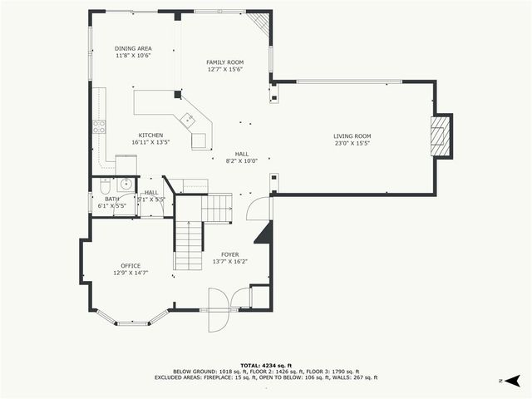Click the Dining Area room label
pyautogui.click(x=133, y=49)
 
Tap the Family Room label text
pyautogui.click(x=224, y=62)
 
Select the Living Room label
pyautogui.click(x=352, y=136)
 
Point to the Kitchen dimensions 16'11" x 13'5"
pyautogui.click(x=150, y=142)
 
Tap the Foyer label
pyautogui.click(x=230, y=254)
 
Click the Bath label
pyautogui.click(x=111, y=199)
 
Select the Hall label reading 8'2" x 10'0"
pyautogui.click(x=241, y=160)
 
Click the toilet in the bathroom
pyautogui.click(x=103, y=186)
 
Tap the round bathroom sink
pyautogui.click(x=125, y=185)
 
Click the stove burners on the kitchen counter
pyautogui.click(x=99, y=127)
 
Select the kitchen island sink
pyautogui.click(x=190, y=119)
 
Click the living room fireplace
pyautogui.click(x=441, y=135)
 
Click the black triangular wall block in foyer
pyautogui.click(x=264, y=233)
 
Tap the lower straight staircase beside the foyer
pyautogui.click(x=189, y=246)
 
